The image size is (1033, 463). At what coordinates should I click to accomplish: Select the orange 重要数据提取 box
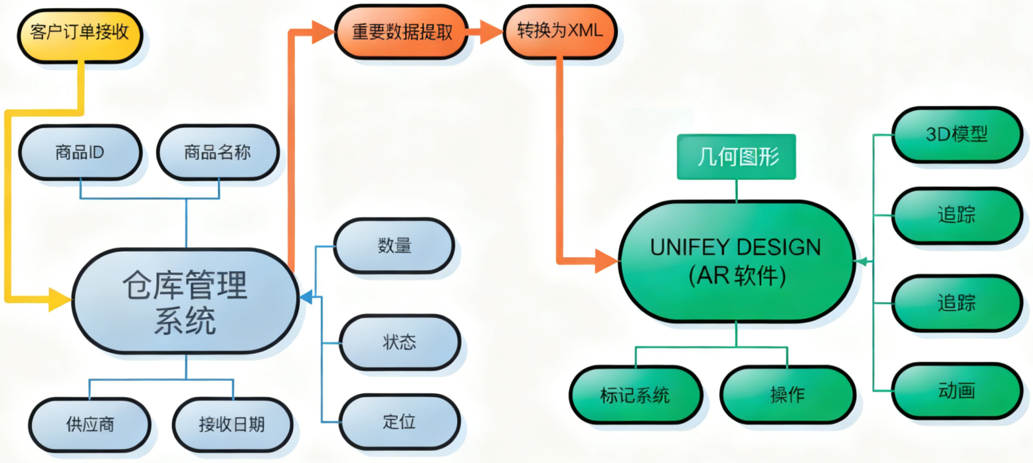click(402, 32)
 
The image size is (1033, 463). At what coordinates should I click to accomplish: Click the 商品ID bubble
click(80, 152)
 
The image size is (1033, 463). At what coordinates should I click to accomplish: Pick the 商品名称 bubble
click(217, 152)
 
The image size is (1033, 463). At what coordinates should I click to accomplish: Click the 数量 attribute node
click(395, 246)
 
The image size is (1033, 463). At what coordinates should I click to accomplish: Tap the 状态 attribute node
click(399, 342)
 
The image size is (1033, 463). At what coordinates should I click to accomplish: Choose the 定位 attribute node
click(399, 422)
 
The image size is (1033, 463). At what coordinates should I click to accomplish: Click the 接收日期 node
click(232, 424)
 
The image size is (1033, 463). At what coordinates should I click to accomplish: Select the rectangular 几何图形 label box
click(736, 157)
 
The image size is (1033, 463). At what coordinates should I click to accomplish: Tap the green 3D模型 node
click(956, 135)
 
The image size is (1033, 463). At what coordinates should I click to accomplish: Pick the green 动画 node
click(956, 391)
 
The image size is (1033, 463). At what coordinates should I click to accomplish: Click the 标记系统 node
click(635, 395)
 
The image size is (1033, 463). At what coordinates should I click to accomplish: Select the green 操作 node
click(787, 395)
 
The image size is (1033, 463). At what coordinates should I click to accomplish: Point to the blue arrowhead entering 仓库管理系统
click(306, 297)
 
